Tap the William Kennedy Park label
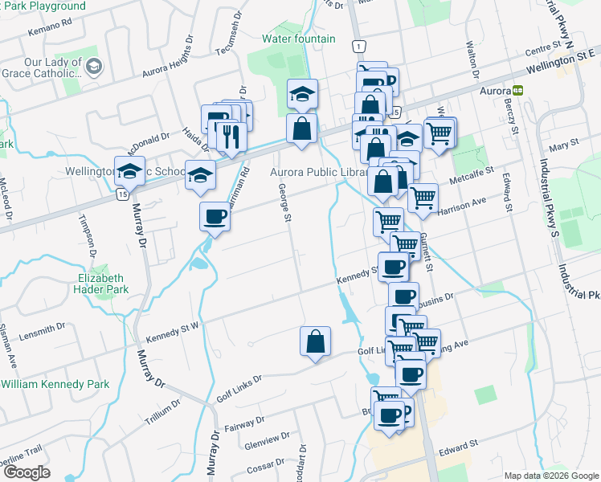click(x=55, y=385)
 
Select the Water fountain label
click(x=298, y=38)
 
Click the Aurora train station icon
click(x=519, y=90)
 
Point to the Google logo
click(x=27, y=472)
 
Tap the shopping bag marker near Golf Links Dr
click(x=315, y=341)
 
